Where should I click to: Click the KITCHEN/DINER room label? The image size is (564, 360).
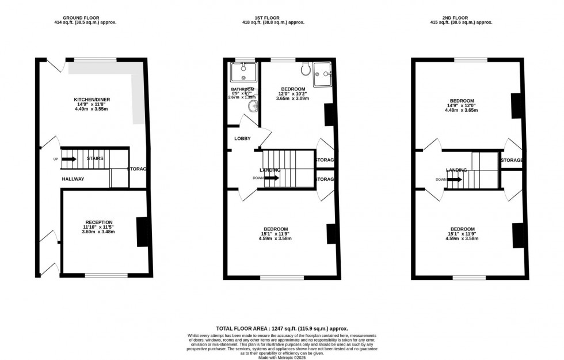(92, 100)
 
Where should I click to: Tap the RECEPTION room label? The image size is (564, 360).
(99, 222)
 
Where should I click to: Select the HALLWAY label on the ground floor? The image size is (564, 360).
(73, 179)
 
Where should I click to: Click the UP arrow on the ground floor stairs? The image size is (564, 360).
(69, 158)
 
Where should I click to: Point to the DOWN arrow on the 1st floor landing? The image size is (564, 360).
(271, 178)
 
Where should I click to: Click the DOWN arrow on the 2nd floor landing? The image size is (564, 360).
(454, 179)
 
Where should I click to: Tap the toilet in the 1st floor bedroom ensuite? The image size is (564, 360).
(305, 70)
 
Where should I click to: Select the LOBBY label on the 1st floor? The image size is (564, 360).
(242, 139)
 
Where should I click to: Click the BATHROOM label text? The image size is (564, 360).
(242, 89)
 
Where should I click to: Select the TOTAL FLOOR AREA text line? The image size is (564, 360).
(282, 328)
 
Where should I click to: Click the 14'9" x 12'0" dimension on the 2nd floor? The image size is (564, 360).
(462, 105)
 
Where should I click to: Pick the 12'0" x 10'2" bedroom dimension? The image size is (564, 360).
(292, 94)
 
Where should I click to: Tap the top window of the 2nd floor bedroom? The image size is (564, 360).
(470, 59)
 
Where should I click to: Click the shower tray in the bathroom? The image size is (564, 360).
(242, 73)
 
